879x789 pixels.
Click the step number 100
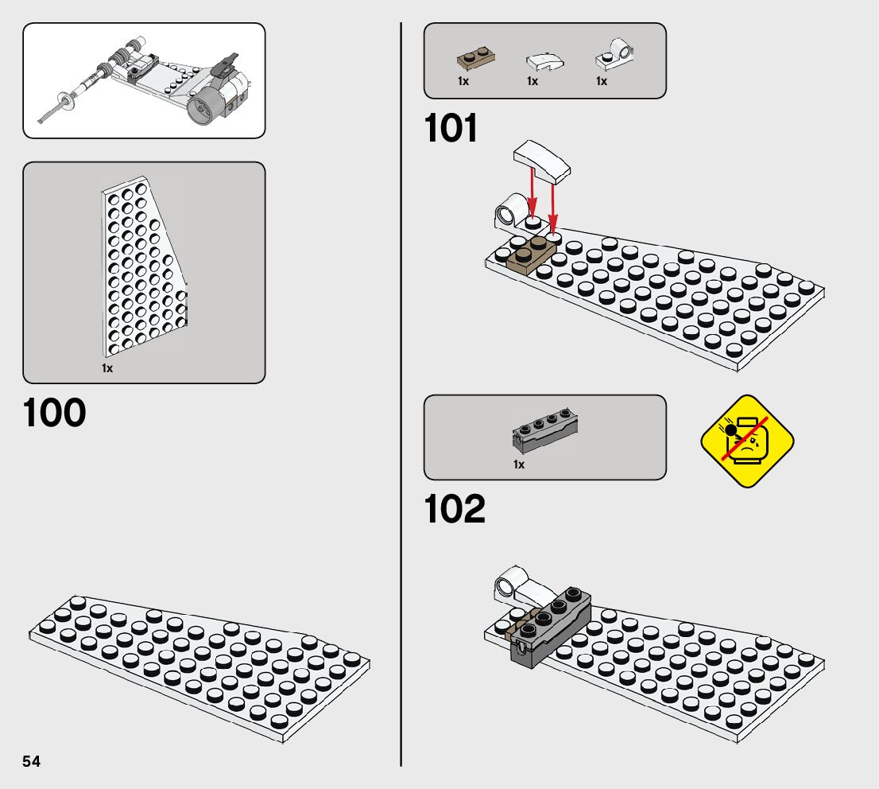(55, 413)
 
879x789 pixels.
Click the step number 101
(451, 129)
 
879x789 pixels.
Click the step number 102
(455, 510)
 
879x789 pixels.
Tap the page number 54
(32, 761)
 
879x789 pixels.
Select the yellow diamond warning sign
(747, 441)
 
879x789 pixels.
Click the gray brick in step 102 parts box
(544, 430)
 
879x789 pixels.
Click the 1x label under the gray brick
(519, 464)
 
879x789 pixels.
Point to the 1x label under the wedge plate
(107, 368)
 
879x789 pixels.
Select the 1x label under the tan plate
(463, 81)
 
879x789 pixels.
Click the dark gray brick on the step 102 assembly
(551, 624)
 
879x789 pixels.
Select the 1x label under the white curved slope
(532, 81)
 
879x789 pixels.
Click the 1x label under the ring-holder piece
(602, 81)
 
